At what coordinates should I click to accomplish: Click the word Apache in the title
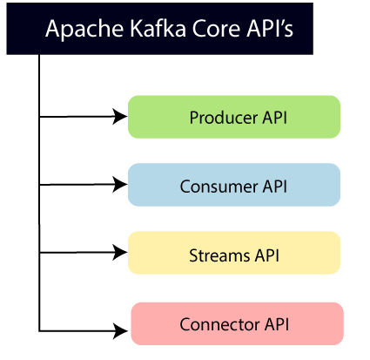(x=84, y=30)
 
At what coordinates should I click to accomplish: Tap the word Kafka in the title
(x=158, y=28)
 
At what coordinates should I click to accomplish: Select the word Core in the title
(x=216, y=29)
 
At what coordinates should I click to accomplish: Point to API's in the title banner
(x=270, y=29)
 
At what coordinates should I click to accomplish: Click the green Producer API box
(x=234, y=117)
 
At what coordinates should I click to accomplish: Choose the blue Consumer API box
(x=234, y=185)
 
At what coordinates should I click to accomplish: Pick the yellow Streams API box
(x=234, y=253)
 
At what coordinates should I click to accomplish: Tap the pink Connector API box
(x=238, y=323)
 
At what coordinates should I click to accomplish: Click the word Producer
(x=224, y=118)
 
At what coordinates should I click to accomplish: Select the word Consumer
(x=219, y=187)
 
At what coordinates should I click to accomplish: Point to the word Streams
(x=219, y=255)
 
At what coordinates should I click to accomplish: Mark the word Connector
(x=219, y=324)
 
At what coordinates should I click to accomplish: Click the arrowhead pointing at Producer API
(x=119, y=117)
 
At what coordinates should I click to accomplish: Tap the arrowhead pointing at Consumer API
(x=119, y=185)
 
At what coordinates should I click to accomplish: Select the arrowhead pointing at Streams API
(x=119, y=252)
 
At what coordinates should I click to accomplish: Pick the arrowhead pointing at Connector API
(x=120, y=330)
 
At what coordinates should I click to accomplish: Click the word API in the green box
(x=275, y=118)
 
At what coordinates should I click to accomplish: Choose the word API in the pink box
(x=277, y=324)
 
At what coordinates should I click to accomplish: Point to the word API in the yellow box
(x=267, y=255)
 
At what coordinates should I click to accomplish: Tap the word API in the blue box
(x=275, y=187)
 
